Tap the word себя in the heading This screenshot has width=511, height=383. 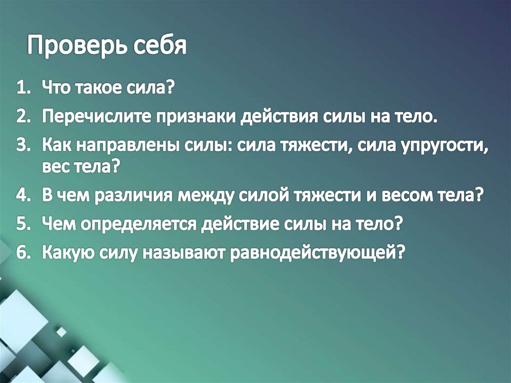coord(160,46)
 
